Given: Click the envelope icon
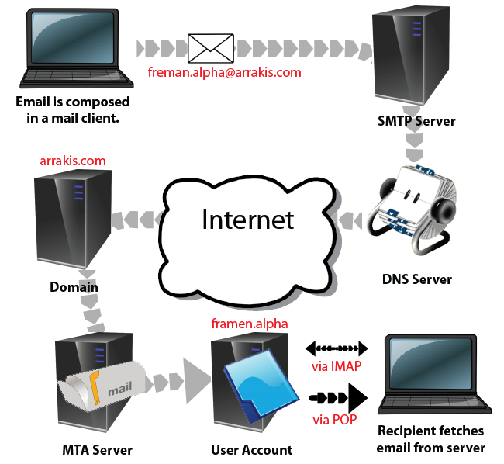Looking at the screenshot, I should (210, 48).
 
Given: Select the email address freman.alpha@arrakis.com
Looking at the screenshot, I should (223, 73).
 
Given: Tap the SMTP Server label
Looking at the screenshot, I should (416, 122).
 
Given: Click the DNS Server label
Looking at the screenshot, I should (416, 279).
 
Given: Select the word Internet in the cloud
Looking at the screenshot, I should (247, 220).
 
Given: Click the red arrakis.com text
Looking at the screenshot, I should (72, 161).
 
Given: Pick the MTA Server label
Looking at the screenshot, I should (97, 450).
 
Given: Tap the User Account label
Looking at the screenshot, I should (252, 450).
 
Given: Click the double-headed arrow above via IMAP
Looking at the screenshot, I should (335, 348).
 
